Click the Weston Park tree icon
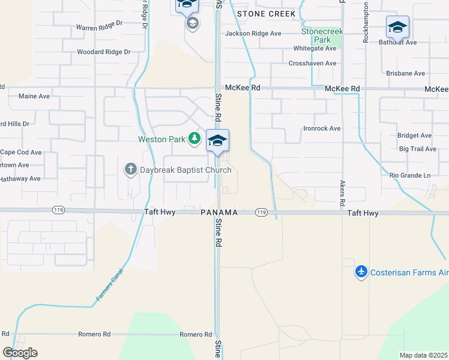point(194,139)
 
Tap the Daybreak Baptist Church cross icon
point(131,170)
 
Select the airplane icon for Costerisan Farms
point(361,272)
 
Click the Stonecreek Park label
point(323,35)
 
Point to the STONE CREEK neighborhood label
point(266,14)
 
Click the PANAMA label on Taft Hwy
point(219,213)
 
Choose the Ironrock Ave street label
point(322,128)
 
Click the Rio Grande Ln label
point(410,175)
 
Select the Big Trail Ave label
point(417,149)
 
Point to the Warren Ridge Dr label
point(99,28)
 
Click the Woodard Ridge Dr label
point(103,52)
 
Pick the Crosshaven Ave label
point(312,63)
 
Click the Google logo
point(20,353)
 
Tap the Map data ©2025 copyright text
point(423,355)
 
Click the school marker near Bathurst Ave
point(397,28)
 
